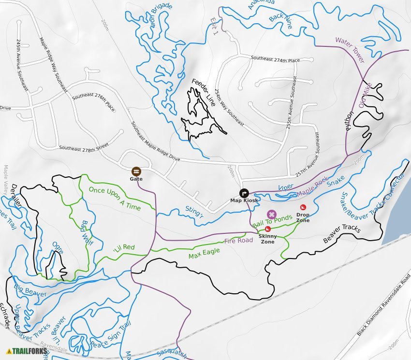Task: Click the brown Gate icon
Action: [x=136, y=171]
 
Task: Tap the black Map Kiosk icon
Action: [x=244, y=192]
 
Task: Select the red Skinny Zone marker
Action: [x=267, y=229]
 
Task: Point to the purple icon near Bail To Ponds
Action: [x=272, y=214]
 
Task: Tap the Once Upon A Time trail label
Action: [x=115, y=198]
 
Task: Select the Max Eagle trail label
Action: [x=204, y=253]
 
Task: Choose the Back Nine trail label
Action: [x=280, y=21]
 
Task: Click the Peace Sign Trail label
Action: [x=111, y=334]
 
